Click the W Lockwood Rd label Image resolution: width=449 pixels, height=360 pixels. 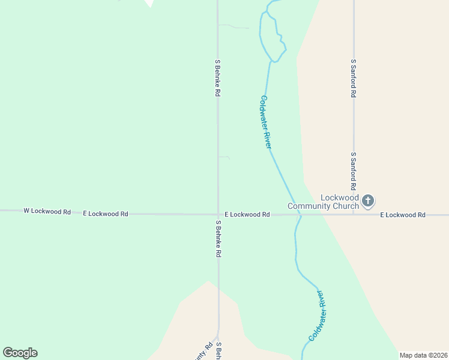click(47, 211)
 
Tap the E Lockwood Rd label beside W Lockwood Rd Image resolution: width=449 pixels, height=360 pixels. click(106, 214)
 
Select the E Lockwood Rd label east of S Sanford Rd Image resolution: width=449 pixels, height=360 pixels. click(402, 214)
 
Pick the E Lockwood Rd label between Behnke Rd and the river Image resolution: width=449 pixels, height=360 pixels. click(247, 214)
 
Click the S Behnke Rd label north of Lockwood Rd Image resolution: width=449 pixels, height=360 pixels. click(218, 78)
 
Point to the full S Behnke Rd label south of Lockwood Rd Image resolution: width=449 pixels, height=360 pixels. click(218, 239)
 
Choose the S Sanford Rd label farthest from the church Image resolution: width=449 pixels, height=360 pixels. click(354, 78)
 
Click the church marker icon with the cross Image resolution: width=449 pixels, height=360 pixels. click(369, 200)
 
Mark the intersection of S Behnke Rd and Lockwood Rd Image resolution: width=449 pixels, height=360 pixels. click(217, 214)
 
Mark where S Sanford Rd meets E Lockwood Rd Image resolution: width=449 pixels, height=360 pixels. click(354, 214)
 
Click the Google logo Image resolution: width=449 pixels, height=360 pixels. click(20, 353)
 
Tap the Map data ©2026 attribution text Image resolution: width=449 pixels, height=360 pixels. click(423, 355)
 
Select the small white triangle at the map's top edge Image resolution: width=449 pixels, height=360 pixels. click(149, 3)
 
